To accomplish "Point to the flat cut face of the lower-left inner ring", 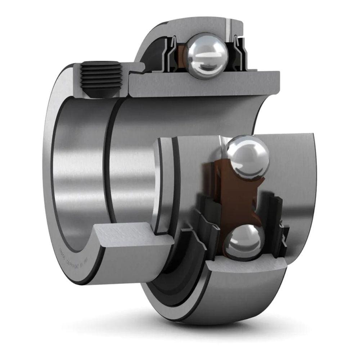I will click(133, 238).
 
